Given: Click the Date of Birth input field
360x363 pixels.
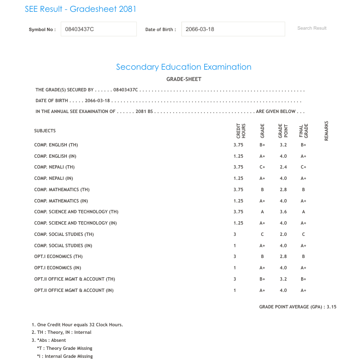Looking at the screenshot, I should pos(233,29).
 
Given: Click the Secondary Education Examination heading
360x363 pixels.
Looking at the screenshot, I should pos(184,67).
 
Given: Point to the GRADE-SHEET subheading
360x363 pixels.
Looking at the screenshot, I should pos(184,79).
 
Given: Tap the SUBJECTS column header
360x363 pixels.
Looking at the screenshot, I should pos(45,131).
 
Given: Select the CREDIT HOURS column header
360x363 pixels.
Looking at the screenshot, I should pos(240,130).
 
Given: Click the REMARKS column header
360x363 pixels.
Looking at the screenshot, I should pos(326,130).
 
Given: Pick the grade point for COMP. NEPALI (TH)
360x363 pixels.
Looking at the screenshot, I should pos(282,167).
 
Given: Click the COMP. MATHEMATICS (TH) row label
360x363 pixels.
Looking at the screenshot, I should pos(62,190).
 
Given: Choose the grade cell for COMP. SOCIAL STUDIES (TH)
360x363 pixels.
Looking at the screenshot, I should pos(262,234).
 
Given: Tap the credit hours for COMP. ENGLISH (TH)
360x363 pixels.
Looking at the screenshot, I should pos(238,145).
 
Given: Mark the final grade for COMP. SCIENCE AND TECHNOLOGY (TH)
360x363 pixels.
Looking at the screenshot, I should pos(304,212).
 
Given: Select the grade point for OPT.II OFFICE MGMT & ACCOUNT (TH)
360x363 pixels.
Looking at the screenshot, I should pos(282,279).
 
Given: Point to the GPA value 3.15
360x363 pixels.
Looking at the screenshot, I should pos(332,307).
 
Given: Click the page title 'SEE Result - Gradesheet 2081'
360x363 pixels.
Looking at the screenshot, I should pos(80,9).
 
